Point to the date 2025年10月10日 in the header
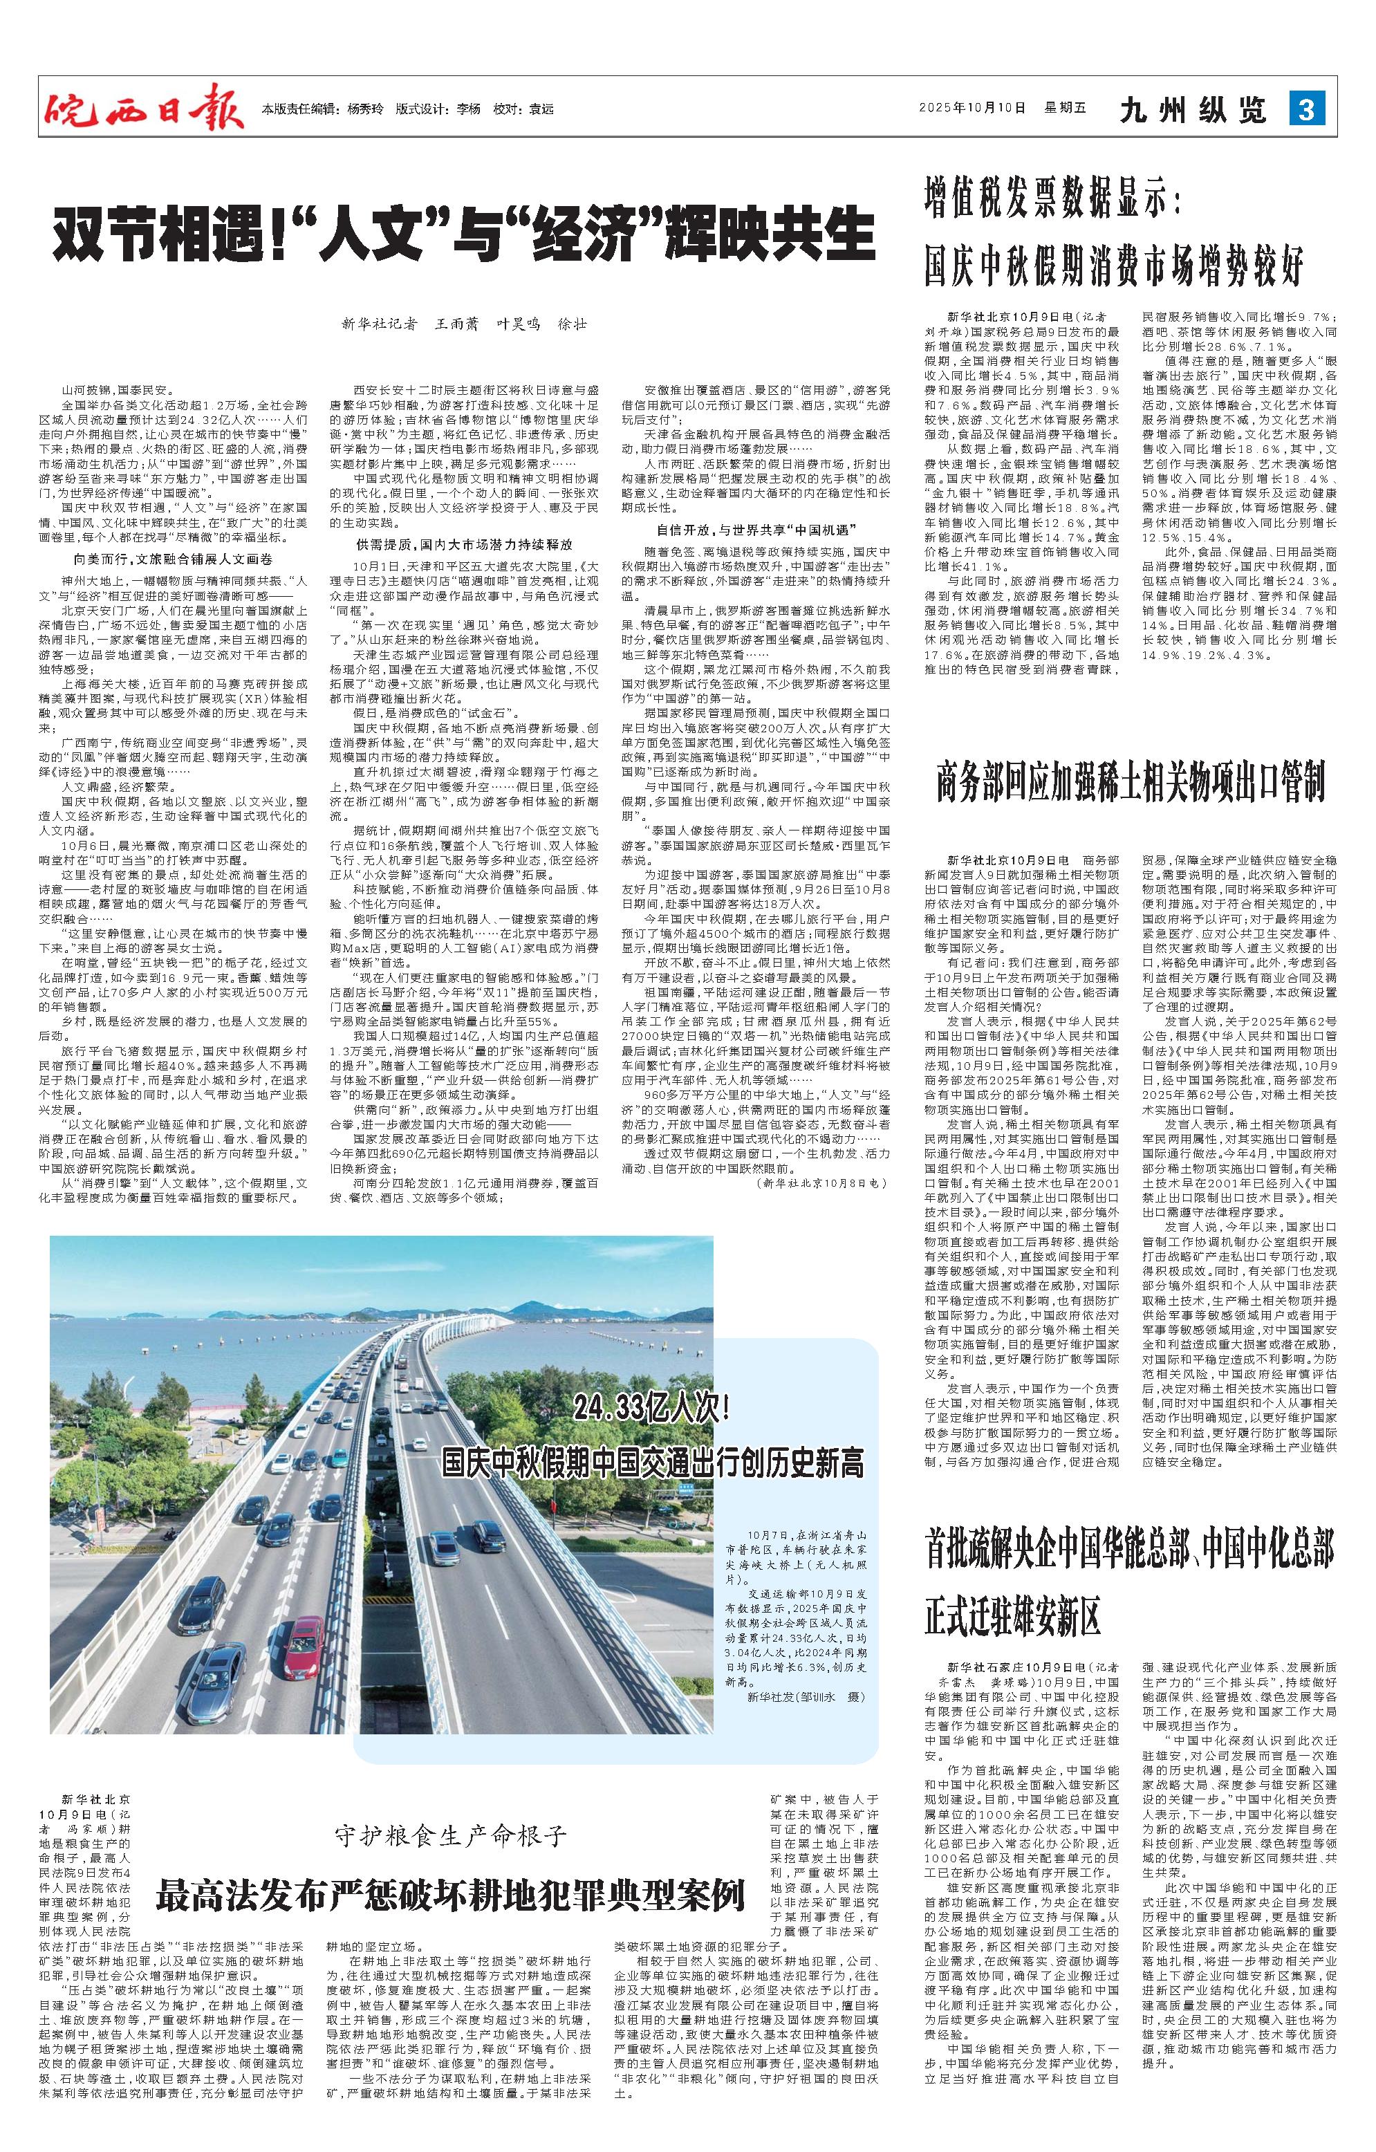click(972, 109)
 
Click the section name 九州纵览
click(1193, 110)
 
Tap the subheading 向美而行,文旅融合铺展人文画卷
click(171, 559)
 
